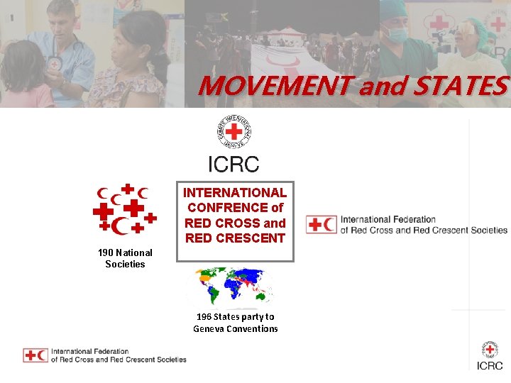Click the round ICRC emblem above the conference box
tap(234, 133)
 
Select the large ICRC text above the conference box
tap(233, 165)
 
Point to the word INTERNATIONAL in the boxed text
tap(235, 192)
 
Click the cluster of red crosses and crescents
tap(125, 209)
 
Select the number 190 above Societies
tap(106, 252)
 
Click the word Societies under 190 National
tap(125, 264)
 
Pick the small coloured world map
tap(229, 287)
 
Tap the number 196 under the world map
tap(204, 316)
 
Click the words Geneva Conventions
tap(236, 328)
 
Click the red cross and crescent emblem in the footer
tap(35, 355)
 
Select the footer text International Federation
tap(90, 351)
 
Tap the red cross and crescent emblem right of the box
tap(321, 225)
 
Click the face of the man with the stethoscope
tap(62, 24)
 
